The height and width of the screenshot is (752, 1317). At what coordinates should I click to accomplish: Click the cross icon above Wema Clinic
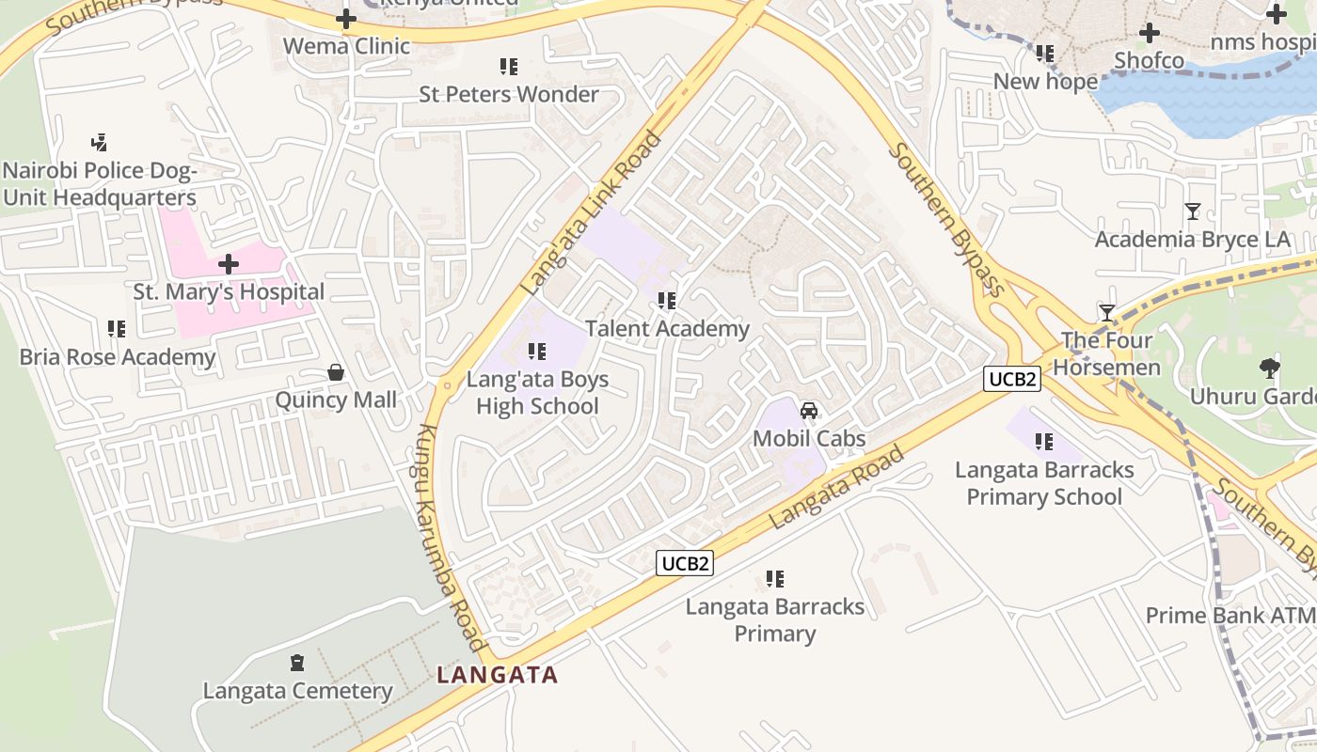[346, 19]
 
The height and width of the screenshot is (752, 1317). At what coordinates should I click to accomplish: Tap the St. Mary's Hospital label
[229, 291]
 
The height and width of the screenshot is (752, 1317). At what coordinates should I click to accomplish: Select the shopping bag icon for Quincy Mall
[336, 373]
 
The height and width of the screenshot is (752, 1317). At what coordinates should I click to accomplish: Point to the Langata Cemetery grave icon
[297, 663]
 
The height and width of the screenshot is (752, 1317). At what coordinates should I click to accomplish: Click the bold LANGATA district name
[498, 675]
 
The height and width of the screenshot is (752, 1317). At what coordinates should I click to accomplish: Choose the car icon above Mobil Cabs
[808, 411]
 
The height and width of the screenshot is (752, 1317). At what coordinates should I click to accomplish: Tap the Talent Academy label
[667, 328]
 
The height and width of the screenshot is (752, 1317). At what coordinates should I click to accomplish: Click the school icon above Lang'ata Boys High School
[537, 352]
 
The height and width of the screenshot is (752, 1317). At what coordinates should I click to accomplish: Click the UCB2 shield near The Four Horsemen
[1012, 379]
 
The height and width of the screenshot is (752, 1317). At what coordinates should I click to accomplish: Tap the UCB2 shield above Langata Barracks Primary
[685, 563]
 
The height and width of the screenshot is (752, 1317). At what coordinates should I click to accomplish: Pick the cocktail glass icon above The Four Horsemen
[1107, 312]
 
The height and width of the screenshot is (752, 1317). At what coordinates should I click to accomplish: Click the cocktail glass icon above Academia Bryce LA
[1193, 211]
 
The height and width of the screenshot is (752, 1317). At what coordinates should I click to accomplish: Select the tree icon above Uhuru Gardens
[1269, 368]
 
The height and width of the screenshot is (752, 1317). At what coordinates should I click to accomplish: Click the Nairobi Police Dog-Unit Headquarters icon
[99, 143]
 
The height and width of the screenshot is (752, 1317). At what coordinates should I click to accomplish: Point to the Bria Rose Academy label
[118, 357]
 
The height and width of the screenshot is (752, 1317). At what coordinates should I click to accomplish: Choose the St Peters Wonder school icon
[509, 67]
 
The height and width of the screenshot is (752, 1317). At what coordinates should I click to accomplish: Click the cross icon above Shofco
[1149, 33]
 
